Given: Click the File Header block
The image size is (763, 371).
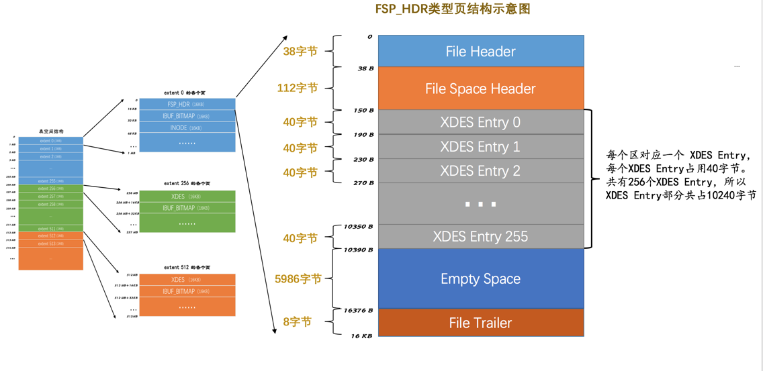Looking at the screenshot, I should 480,52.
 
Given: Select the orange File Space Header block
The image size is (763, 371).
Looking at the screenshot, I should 480,89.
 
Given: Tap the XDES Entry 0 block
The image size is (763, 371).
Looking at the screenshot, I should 480,122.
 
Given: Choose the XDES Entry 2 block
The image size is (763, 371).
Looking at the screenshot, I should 480,171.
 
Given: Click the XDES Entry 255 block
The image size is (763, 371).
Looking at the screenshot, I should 480,236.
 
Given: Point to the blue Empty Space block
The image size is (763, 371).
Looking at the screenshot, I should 480,278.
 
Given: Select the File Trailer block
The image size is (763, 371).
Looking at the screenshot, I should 480,323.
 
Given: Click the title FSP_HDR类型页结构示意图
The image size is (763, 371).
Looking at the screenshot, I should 453,9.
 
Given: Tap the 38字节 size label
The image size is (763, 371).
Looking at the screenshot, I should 300,52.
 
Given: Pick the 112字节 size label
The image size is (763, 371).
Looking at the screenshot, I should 297,88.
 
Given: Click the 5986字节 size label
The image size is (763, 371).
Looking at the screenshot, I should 298,278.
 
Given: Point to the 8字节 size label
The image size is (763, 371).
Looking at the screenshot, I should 297,322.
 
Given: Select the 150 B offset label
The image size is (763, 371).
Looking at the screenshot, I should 363,110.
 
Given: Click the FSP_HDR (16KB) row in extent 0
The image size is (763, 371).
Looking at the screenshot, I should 187,105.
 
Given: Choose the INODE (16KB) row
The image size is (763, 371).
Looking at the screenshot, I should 187,127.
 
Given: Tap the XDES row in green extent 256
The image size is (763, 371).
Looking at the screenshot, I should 187,197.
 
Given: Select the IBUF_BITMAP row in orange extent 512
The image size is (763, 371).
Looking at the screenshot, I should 187,291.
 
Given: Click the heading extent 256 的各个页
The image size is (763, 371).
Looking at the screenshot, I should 187,183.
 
